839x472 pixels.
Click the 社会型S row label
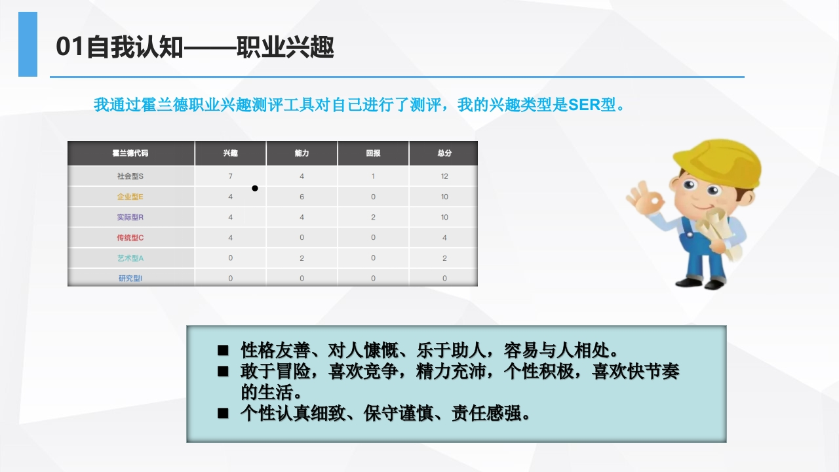click(x=130, y=176)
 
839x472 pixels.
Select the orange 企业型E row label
click(x=130, y=197)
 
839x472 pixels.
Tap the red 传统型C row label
click(x=130, y=237)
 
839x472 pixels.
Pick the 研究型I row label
click(x=130, y=279)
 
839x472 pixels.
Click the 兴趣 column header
click(x=230, y=153)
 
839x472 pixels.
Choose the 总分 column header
click(x=444, y=153)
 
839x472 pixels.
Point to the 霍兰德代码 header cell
click(x=130, y=153)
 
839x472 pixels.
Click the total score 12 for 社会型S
click(x=444, y=176)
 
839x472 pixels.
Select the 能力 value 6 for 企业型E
click(x=302, y=197)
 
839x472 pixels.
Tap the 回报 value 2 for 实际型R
click(x=373, y=217)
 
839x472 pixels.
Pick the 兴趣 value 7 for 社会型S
click(x=230, y=176)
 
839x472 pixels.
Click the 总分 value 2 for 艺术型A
click(x=444, y=258)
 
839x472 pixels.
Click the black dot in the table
click(x=255, y=188)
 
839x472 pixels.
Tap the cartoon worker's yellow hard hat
click(x=717, y=163)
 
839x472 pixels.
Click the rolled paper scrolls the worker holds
click(x=717, y=232)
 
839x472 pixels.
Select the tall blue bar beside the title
click(x=28, y=44)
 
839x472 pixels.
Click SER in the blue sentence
click(x=584, y=105)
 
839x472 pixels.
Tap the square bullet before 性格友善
click(x=223, y=351)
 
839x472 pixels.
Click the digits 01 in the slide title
click(x=70, y=47)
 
